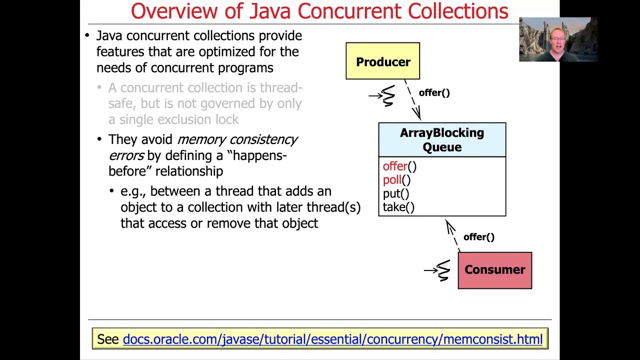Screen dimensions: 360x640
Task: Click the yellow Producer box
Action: tap(382, 61)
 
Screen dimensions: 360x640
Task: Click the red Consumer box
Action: tap(494, 270)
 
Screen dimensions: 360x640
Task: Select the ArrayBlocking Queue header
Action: tap(442, 140)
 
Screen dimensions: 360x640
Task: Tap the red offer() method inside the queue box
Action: tap(399, 166)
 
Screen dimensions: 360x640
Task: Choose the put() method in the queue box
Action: tap(395, 194)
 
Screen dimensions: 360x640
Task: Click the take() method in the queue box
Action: tap(398, 207)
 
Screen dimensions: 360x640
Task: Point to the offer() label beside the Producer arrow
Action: tap(434, 93)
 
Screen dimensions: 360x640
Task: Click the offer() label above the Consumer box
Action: tap(478, 237)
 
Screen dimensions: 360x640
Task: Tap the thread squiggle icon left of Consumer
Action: tap(442, 270)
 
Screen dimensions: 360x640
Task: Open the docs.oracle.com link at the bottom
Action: tap(332, 339)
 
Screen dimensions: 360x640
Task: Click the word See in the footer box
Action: tap(107, 339)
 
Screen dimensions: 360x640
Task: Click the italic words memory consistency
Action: tap(237, 139)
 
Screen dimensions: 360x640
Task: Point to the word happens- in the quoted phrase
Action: tap(259, 155)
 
